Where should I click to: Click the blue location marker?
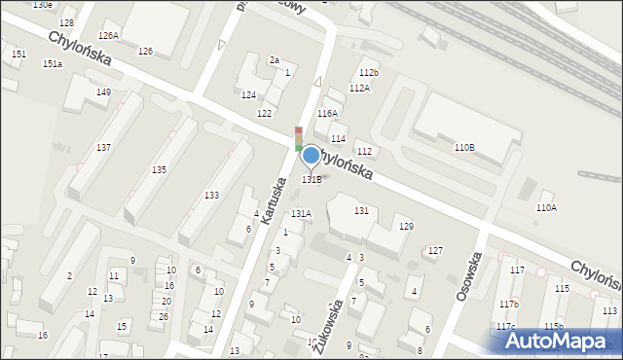[311, 155]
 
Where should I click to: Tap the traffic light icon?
[298, 139]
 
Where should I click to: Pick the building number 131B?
[311, 179]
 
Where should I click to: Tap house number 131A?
[301, 213]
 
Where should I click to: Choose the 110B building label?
[464, 147]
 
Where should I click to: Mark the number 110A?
[546, 207]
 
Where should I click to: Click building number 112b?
[368, 73]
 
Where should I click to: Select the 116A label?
[327, 114]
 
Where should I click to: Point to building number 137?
[103, 147]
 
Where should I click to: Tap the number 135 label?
[159, 169]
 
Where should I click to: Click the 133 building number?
[211, 196]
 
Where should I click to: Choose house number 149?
[103, 91]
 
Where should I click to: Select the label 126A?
[107, 35]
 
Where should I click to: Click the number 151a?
[53, 63]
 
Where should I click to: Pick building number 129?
[406, 226]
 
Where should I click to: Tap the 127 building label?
[435, 250]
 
